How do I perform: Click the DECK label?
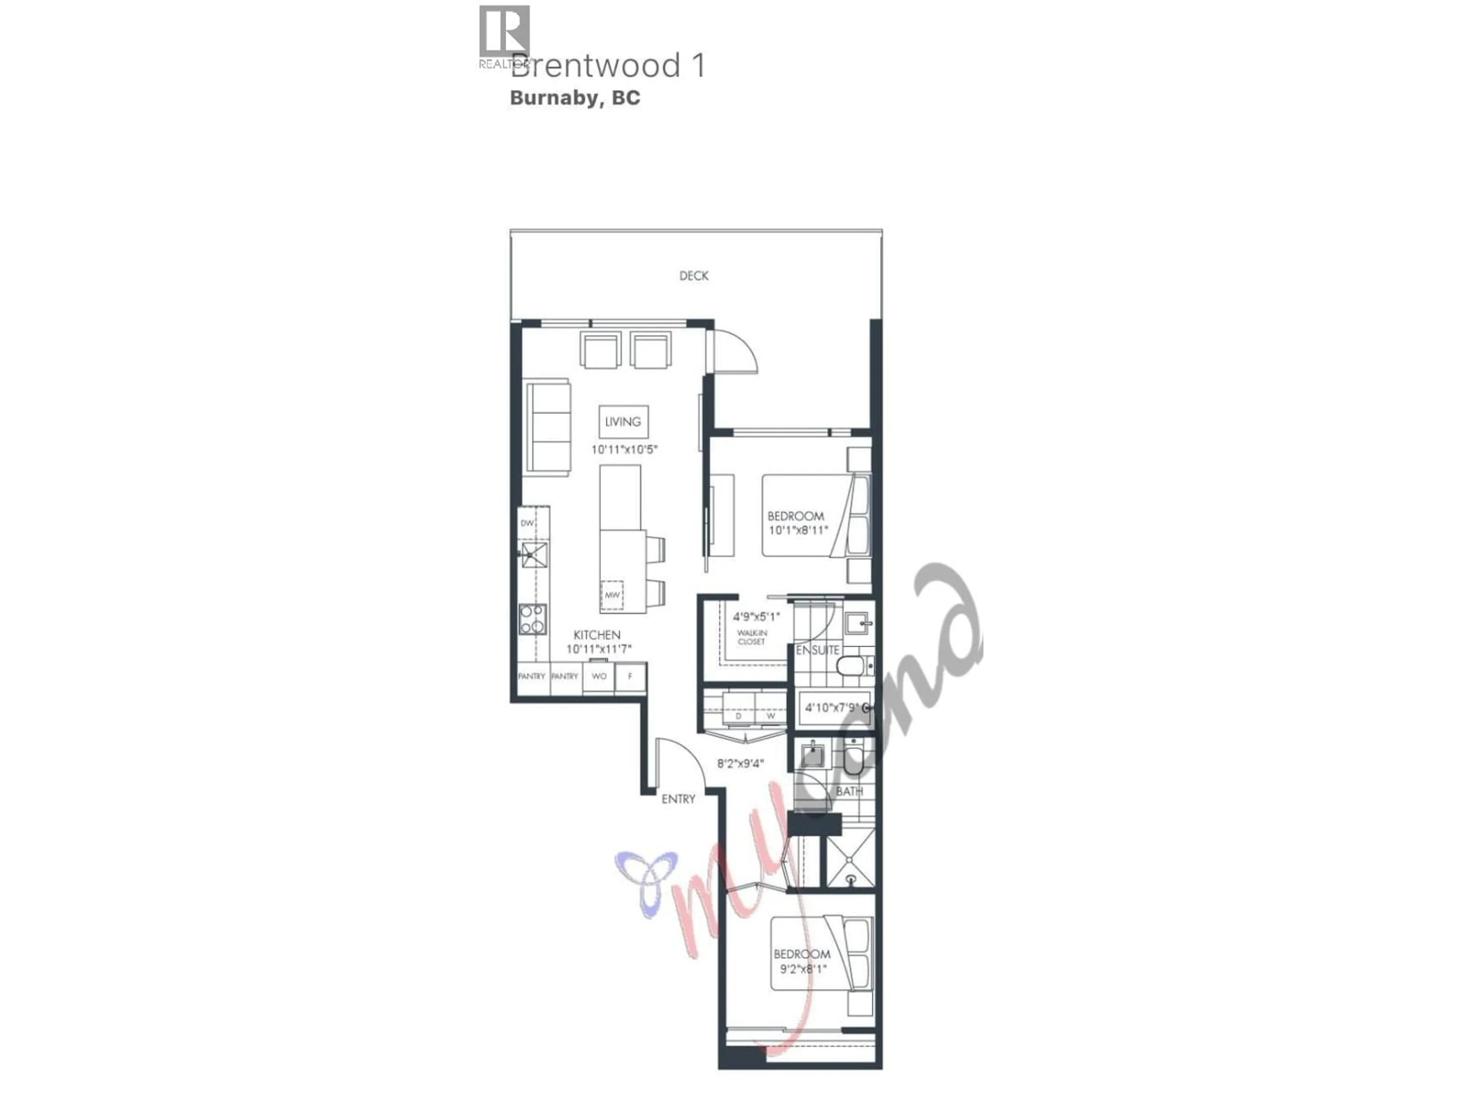693,276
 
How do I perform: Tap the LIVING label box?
623,422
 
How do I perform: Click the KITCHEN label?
596,635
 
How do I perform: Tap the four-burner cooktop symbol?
532,619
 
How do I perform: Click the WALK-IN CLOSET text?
751,637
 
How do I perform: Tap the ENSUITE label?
817,650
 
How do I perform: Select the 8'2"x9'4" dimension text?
740,764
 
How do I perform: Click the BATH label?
849,791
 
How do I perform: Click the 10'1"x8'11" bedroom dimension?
798,530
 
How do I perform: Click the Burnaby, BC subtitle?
575,98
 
